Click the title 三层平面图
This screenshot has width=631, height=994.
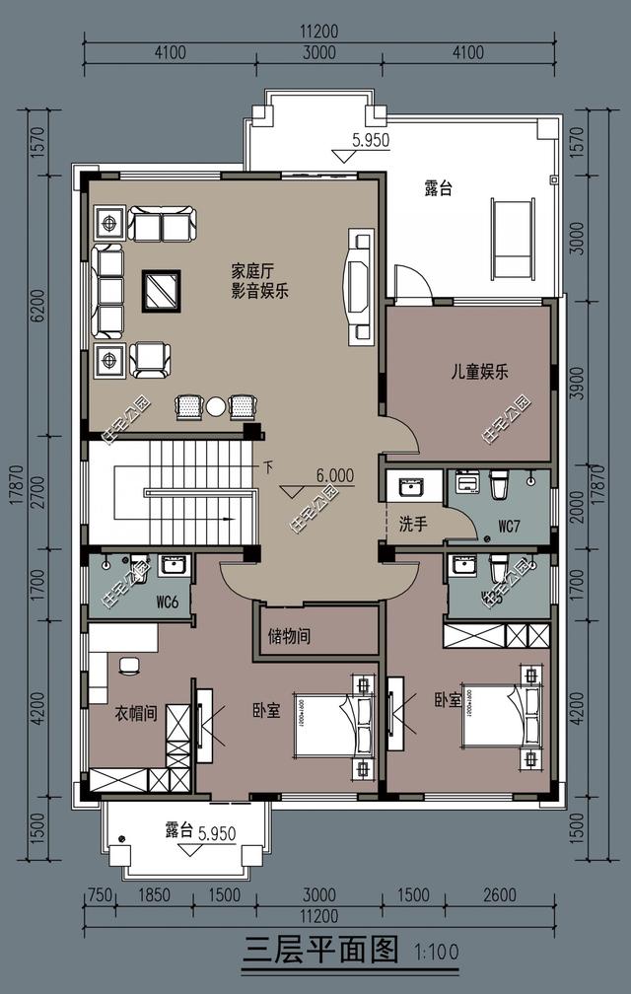320,953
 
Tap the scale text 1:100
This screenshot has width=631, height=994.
435,955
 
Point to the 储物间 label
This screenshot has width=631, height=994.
290,637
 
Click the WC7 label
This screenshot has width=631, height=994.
509,527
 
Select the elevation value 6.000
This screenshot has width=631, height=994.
334,475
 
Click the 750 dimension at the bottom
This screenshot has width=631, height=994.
97,895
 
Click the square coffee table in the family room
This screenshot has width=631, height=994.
161,290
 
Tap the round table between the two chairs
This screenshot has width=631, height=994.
215,405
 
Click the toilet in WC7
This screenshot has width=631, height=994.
498,484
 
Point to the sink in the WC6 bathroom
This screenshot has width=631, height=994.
174,566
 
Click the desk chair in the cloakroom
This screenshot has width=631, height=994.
127,667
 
